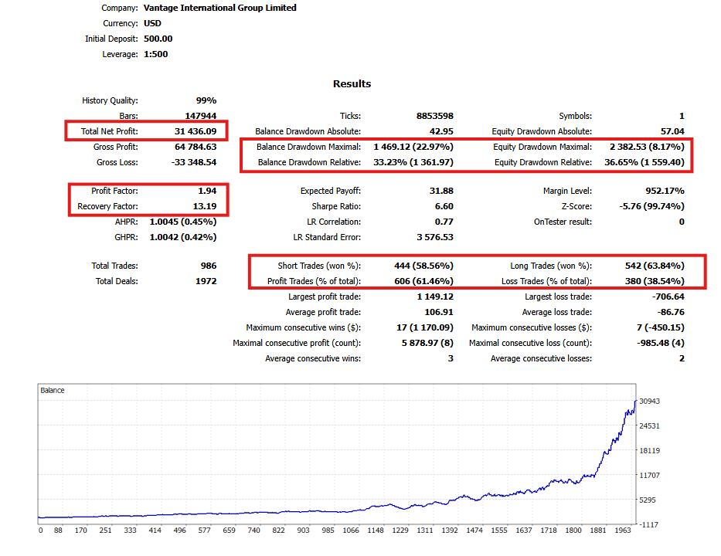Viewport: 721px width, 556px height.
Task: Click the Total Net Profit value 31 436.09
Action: (x=196, y=131)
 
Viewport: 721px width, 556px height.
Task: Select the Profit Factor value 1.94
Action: (x=207, y=191)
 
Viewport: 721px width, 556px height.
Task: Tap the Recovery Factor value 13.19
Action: (x=205, y=206)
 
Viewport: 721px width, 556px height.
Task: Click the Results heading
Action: (x=352, y=83)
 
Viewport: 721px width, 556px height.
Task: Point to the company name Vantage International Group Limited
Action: (x=219, y=8)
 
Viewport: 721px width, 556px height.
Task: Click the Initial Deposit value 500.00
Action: (x=158, y=39)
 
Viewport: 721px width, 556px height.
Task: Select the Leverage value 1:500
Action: (x=156, y=54)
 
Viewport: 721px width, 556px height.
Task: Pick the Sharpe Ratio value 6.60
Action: (x=444, y=206)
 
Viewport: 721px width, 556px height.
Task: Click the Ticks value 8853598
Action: (x=435, y=116)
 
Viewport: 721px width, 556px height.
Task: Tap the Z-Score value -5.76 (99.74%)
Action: (x=651, y=206)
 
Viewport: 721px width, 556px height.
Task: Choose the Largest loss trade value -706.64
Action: (x=668, y=297)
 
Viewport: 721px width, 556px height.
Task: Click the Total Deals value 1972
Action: (x=206, y=281)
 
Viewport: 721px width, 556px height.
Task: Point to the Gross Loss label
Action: (x=117, y=162)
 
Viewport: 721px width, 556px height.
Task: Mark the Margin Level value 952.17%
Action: (x=665, y=191)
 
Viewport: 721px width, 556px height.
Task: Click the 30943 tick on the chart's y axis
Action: (x=649, y=401)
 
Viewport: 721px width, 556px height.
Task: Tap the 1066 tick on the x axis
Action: (x=351, y=531)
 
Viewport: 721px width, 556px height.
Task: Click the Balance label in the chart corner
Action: (x=53, y=390)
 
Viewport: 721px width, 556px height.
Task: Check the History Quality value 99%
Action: (x=206, y=100)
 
